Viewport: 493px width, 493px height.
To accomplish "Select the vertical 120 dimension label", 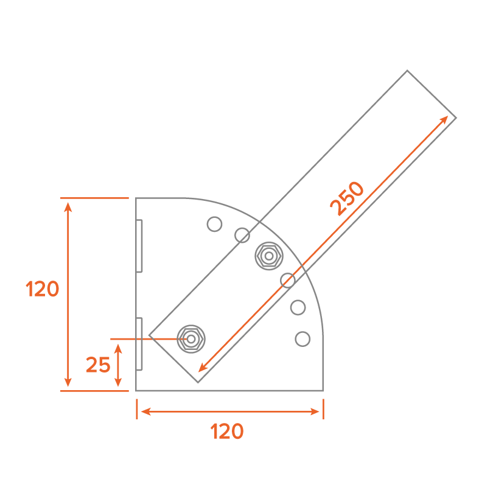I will click(43, 289).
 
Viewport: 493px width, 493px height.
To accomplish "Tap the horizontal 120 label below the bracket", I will click(227, 432).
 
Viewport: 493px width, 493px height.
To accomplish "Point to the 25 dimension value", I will click(97, 365).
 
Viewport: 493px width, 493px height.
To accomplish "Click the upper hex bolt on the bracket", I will click(268, 256).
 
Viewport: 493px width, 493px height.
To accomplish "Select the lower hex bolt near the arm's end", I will click(191, 338).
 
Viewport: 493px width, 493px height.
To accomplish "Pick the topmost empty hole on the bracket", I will click(214, 224).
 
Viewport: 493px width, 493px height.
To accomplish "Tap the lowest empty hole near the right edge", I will click(302, 339).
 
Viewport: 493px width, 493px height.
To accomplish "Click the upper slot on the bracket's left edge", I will click(139, 246).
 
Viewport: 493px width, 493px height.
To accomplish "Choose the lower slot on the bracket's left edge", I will click(139, 343).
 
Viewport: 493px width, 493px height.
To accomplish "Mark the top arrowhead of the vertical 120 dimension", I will click(68, 206).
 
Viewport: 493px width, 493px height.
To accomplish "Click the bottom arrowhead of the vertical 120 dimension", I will click(68, 383).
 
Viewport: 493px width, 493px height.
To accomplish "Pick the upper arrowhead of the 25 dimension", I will click(119, 348).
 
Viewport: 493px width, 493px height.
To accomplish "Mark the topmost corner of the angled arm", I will click(407, 71).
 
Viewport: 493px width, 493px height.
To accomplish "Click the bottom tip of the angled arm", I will click(198, 382).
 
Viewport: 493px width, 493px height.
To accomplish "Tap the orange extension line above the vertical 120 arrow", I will click(94, 198).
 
